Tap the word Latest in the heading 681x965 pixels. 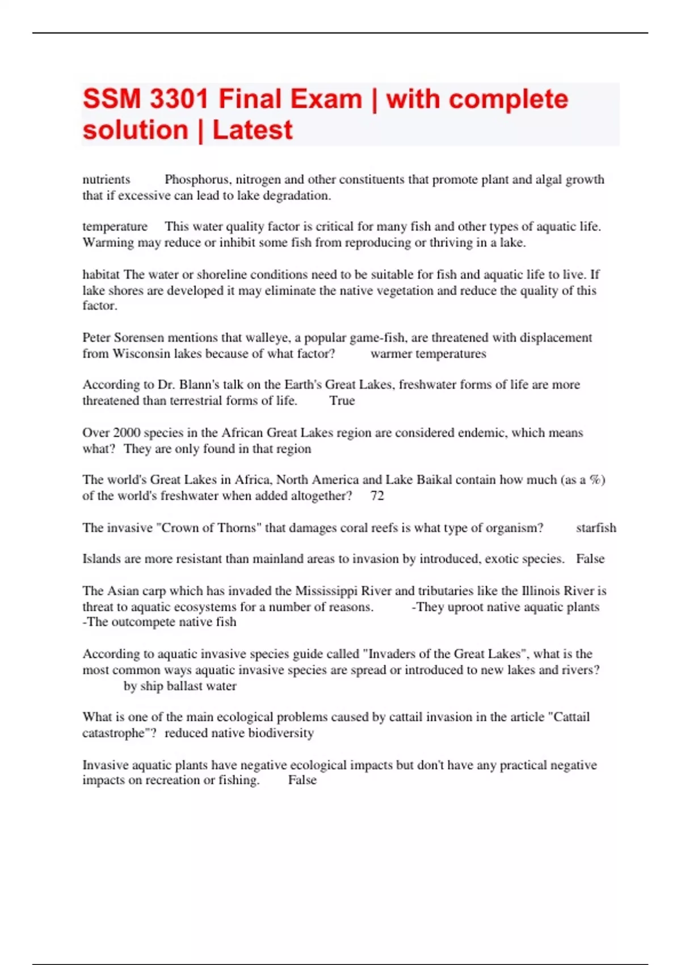(253, 131)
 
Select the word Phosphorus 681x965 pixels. (197, 179)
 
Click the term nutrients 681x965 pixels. (106, 179)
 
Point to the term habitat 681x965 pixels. (101, 275)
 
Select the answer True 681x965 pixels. (342, 401)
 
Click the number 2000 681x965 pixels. (127, 433)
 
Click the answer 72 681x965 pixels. (377, 496)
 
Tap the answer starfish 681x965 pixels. (596, 528)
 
